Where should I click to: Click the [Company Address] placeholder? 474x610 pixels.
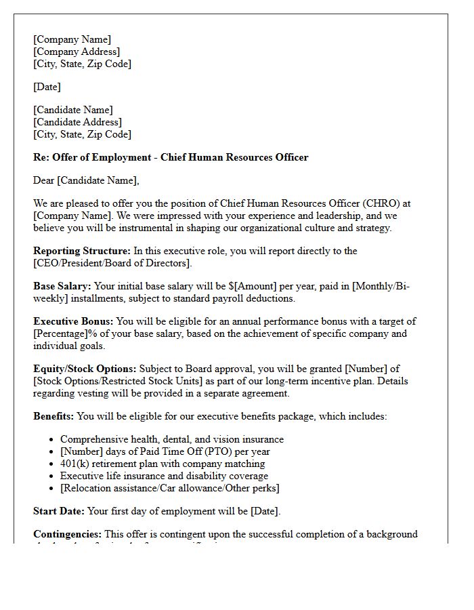click(x=77, y=52)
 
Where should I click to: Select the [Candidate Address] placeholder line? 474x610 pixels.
click(x=78, y=122)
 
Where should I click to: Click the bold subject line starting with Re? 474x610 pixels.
click(x=171, y=157)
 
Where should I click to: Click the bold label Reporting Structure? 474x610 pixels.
click(x=82, y=251)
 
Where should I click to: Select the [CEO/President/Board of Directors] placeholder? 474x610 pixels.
click(x=112, y=263)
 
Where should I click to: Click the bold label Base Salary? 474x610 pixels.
click(x=62, y=286)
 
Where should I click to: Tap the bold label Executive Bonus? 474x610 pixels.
click(x=74, y=321)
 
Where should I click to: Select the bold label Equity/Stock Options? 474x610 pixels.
click(x=85, y=369)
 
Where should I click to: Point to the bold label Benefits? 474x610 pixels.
click(x=53, y=416)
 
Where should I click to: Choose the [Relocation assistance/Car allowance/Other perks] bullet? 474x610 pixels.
click(x=169, y=488)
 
